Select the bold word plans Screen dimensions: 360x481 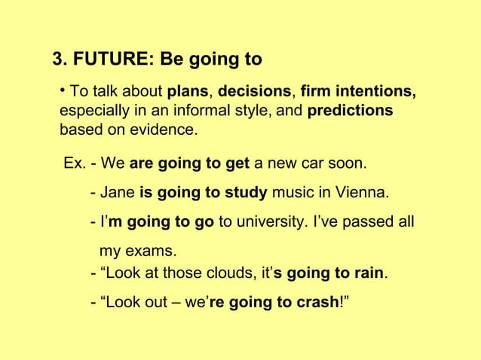tap(188, 92)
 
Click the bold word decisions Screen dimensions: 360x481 tap(255, 92)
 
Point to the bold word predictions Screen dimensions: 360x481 tap(351, 111)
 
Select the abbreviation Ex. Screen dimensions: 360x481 tap(75, 164)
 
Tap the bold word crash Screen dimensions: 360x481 tap(319, 303)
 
